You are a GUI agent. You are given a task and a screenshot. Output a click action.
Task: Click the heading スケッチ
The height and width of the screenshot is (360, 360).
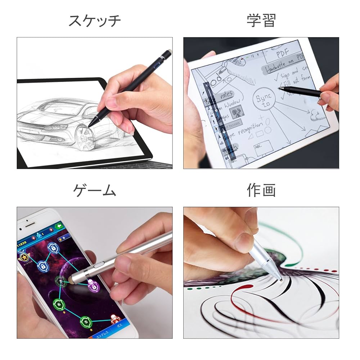(x=95, y=21)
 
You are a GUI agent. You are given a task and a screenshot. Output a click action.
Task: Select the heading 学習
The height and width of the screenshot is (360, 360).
(x=261, y=21)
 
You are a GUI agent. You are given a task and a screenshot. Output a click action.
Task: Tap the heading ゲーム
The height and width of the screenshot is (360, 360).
(x=95, y=190)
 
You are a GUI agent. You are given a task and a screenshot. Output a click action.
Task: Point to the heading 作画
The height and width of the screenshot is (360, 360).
(x=261, y=190)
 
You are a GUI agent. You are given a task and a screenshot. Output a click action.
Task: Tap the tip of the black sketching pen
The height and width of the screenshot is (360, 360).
(x=90, y=126)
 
